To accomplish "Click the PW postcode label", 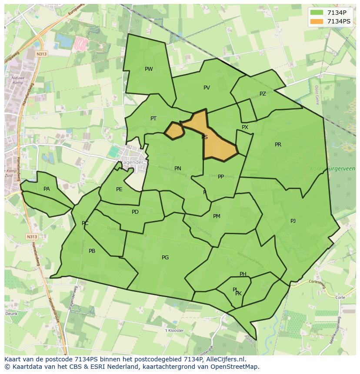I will pyautogui.click(x=149, y=69).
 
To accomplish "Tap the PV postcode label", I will pyautogui.click(x=207, y=88).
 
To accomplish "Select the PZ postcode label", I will pyautogui.click(x=263, y=94).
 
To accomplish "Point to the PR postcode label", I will pyautogui.click(x=278, y=145).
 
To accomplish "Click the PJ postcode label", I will pyautogui.click(x=293, y=221).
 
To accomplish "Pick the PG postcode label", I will pyautogui.click(x=165, y=258).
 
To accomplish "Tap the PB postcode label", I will pyautogui.click(x=92, y=251).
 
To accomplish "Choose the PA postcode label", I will pyautogui.click(x=47, y=189).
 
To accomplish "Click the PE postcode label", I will pyautogui.click(x=119, y=189).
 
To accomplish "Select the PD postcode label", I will pyautogui.click(x=135, y=212).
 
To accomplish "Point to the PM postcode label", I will pyautogui.click(x=217, y=216).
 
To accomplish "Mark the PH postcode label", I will pyautogui.click(x=243, y=274).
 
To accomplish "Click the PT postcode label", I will pyautogui.click(x=153, y=119).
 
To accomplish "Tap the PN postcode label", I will pyautogui.click(x=178, y=169).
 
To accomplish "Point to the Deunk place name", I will pyautogui.click(x=11, y=313).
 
